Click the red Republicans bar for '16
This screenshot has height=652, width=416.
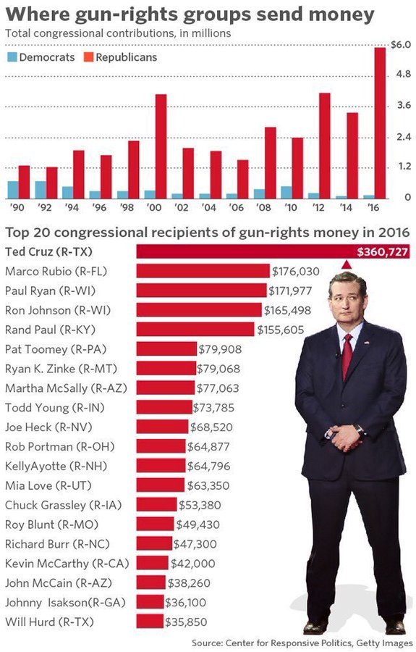[x=380, y=122]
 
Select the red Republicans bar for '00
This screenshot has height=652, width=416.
[x=161, y=146]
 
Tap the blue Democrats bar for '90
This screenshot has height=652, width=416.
[x=13, y=189]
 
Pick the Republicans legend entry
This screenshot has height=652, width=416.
[x=120, y=57]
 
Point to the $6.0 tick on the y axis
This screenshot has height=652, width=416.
[x=400, y=45]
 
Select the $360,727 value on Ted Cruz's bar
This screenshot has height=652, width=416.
[x=382, y=252]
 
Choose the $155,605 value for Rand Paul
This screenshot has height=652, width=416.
[x=281, y=330]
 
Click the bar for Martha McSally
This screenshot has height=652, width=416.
[x=166, y=388]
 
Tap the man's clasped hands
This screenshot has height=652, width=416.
[x=346, y=435]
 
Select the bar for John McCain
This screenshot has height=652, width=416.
[x=150, y=582]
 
